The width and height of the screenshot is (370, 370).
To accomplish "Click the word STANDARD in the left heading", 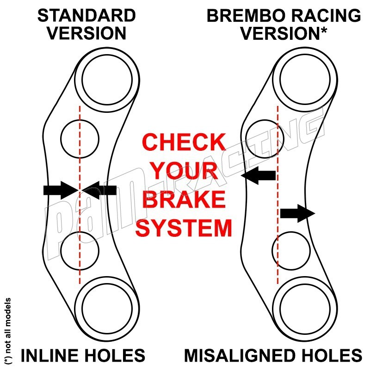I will [86, 15].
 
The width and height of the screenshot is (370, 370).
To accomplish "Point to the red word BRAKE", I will [184, 200].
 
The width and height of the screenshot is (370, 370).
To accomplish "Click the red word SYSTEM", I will [184, 228].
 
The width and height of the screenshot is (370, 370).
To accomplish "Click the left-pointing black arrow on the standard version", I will [100, 190].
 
